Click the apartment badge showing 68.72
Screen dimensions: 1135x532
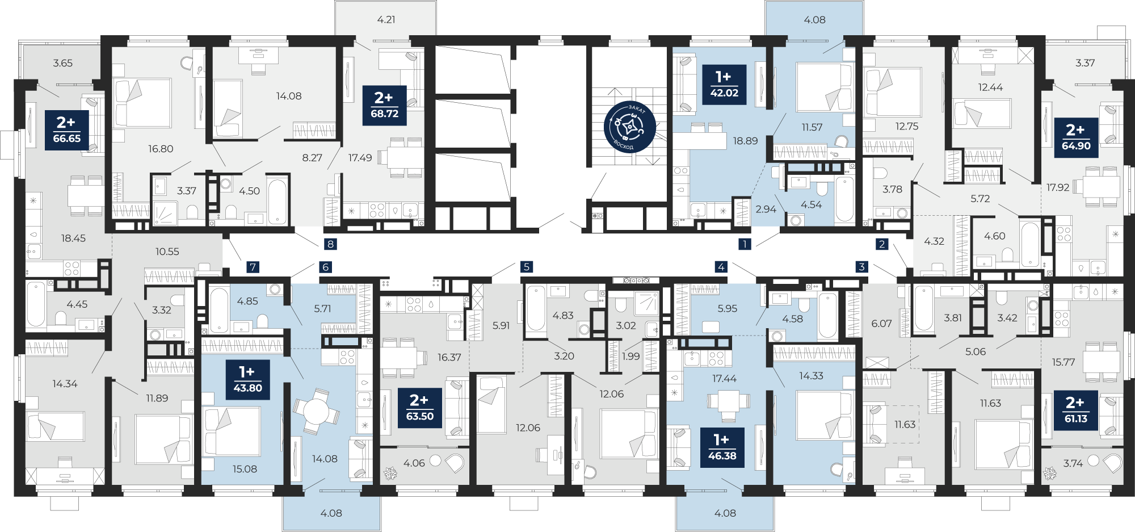point(384,105)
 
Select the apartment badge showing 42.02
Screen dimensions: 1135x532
point(724,85)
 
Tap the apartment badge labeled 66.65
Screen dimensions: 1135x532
point(66,130)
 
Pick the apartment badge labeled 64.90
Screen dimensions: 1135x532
point(1076,137)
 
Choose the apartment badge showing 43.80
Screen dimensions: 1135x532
point(248,380)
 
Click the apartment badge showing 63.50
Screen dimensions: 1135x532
point(420,408)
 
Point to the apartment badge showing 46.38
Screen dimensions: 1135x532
point(722,447)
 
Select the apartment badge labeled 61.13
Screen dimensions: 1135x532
point(1076,410)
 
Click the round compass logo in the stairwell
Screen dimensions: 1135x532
point(630,127)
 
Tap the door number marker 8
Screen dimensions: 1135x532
point(330,244)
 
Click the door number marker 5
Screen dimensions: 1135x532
point(527,266)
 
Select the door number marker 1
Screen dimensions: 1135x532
point(745,244)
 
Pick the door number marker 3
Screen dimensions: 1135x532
point(862,266)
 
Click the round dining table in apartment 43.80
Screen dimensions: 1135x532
point(316,411)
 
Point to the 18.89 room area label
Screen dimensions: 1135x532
point(745,141)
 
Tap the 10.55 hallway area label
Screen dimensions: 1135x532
point(167,252)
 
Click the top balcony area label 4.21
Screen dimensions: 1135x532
point(386,19)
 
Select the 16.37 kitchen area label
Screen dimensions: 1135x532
point(449,357)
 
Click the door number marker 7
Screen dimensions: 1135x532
point(253,267)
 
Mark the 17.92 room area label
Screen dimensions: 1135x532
point(1058,187)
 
